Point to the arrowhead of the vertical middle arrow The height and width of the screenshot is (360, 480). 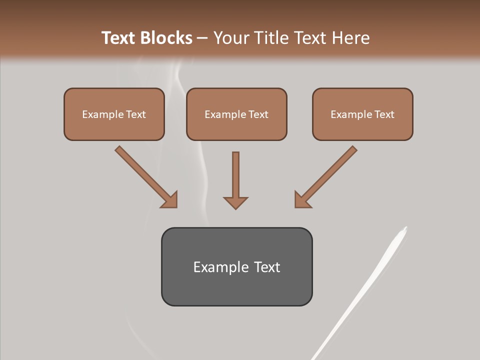(x=235, y=202)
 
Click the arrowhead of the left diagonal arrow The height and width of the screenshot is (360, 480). (x=170, y=200)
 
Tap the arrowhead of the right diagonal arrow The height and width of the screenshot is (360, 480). (x=302, y=200)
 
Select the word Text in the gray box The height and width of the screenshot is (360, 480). (x=266, y=267)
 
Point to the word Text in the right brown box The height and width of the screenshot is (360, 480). (x=384, y=114)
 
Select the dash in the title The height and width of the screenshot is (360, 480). (x=202, y=38)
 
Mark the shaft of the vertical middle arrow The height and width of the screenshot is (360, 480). (x=235, y=172)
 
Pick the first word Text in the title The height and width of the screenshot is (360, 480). (x=118, y=38)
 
